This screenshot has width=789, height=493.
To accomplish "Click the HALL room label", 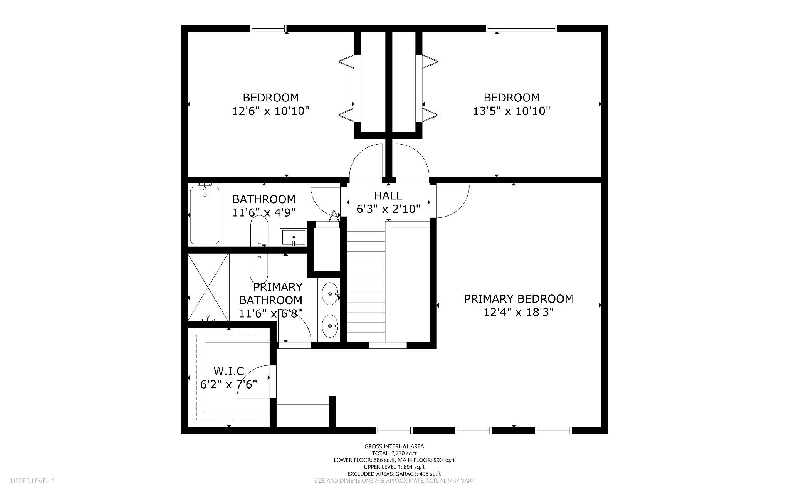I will point(388,195).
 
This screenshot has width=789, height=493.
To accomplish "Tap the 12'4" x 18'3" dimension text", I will point(519,312).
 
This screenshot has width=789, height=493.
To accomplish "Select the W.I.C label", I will point(229,371).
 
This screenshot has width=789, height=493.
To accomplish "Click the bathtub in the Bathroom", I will point(205,215).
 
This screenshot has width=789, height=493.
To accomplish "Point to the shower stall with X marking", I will point(208,287).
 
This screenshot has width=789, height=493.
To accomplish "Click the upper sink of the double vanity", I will point(329,293).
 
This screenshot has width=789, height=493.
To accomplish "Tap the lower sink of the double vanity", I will point(329,326).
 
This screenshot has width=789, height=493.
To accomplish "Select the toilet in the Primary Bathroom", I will point(259,268).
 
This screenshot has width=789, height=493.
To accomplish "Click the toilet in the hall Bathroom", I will point(259,231).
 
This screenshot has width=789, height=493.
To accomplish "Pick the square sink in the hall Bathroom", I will point(293,237).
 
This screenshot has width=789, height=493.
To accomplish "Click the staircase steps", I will point(366,285).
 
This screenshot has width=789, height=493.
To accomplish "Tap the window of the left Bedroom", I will point(268,28).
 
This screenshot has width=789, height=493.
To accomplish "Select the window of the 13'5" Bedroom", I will point(522,28).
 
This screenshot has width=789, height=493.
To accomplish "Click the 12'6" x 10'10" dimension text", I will point(270,111).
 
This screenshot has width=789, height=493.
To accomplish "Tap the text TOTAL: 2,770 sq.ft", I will point(394,453).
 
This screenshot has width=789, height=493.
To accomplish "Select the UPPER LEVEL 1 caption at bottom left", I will point(32,481).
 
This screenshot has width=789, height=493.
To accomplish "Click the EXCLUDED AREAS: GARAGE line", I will point(394,474).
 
